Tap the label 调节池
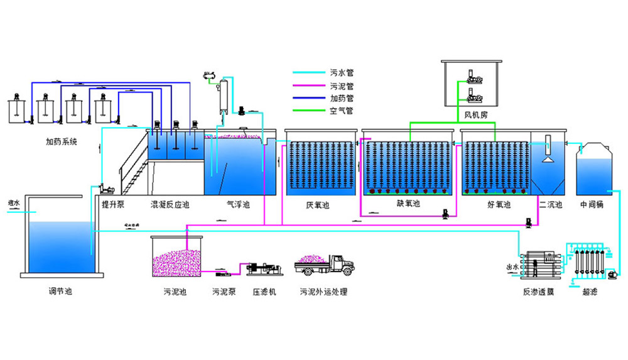click(60, 292)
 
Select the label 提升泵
click(113, 205)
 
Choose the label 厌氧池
click(317, 205)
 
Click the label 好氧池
click(499, 205)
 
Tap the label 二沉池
click(548, 205)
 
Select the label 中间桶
click(591, 205)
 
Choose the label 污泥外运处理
click(323, 292)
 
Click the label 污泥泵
click(224, 292)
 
